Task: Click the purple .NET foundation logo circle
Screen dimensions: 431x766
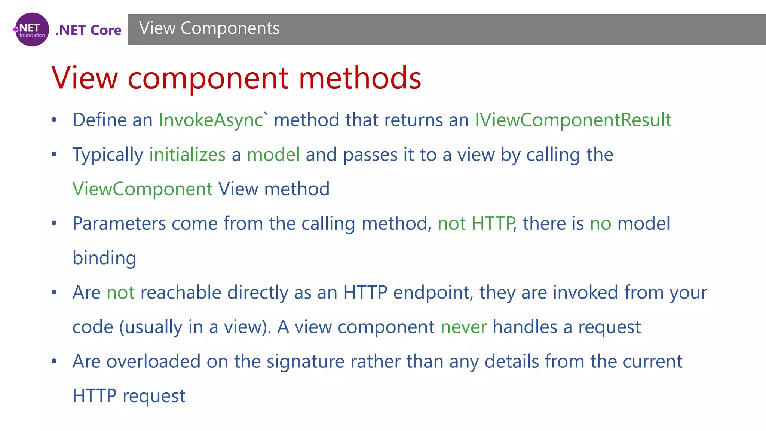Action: [32, 30]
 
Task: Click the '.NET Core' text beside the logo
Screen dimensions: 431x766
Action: [88, 30]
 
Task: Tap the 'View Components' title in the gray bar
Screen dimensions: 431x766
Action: [209, 28]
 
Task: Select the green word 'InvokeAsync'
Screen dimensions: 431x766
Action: [211, 120]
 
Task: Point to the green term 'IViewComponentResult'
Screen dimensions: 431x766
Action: [573, 120]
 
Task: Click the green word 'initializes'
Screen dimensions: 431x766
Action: [187, 155]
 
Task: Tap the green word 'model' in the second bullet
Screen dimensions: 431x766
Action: [273, 155]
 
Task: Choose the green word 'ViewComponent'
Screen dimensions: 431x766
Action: [143, 189]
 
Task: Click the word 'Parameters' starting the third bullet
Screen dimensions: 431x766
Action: [119, 224]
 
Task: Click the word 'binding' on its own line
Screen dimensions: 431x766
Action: [104, 258]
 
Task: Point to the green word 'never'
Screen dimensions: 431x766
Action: [464, 327]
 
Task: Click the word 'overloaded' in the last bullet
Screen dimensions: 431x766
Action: [153, 362]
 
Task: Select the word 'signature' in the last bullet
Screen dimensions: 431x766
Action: [305, 362]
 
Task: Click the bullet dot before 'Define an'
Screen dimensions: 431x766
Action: [54, 120]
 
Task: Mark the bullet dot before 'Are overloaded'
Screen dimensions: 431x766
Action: [54, 361]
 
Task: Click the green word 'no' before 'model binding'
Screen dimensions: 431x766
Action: [601, 224]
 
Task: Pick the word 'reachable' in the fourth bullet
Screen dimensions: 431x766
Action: [181, 293]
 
